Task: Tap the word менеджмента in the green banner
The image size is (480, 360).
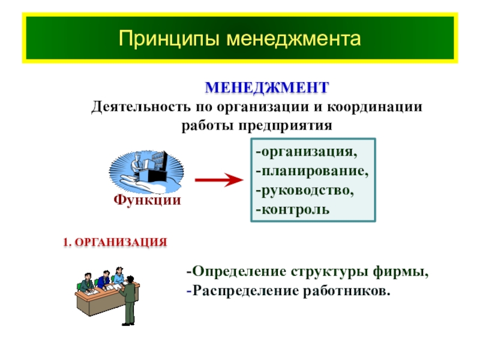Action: point(294,39)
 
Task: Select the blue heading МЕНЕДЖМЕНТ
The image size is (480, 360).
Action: point(267,88)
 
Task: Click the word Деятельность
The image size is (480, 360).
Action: point(140,107)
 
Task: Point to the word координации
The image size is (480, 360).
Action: point(374,107)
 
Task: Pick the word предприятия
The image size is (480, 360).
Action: point(286,126)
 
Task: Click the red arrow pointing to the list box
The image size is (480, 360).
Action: point(219,179)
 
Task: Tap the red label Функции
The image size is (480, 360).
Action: point(147,200)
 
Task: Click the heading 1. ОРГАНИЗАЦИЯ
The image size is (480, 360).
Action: point(115,242)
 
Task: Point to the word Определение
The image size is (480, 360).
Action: point(239,272)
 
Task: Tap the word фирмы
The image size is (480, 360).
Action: point(400,272)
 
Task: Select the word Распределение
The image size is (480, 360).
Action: point(246,291)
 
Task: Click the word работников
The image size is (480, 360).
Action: point(347,291)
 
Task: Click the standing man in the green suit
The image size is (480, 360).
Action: point(128,301)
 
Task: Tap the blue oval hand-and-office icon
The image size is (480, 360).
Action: point(146,172)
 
